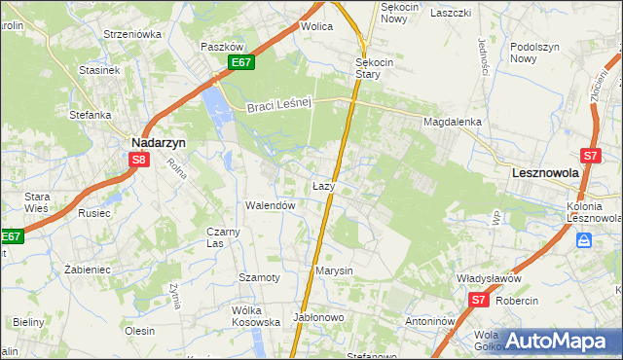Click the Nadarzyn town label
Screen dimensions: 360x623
159,141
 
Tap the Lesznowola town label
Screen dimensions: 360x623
545,172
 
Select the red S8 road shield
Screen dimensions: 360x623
139,161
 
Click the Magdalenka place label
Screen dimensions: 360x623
453,123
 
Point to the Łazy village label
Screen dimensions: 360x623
324,185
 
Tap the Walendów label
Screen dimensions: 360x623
270,205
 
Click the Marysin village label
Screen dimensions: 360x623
333,270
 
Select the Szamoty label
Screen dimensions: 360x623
260,277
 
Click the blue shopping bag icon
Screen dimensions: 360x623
583,239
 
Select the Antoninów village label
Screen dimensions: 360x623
431,321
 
